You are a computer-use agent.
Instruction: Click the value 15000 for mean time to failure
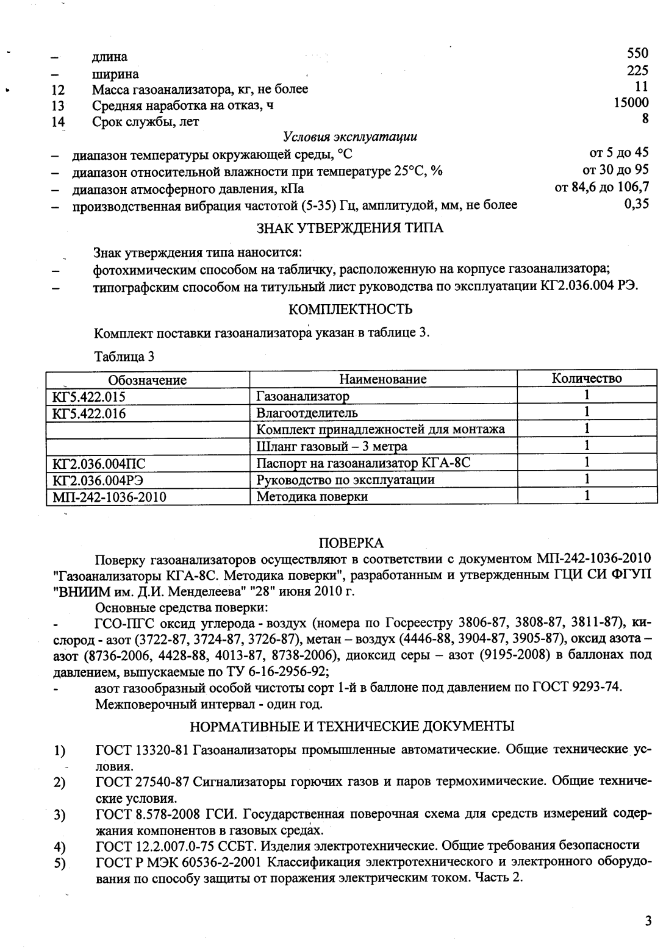coord(631,104)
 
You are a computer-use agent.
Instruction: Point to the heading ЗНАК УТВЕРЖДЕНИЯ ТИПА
coord(349,228)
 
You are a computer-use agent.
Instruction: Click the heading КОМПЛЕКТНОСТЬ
coord(349,310)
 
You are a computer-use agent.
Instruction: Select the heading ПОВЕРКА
coord(352,543)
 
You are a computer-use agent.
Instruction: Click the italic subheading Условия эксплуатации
coord(350,137)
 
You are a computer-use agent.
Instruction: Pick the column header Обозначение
coord(147,379)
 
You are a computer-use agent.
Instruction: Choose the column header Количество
coord(586,379)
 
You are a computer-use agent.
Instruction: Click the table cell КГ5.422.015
coord(90,396)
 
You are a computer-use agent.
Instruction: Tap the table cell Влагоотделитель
coord(307,413)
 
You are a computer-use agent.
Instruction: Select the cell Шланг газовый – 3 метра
coord(331,446)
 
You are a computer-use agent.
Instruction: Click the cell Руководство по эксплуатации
coord(345,480)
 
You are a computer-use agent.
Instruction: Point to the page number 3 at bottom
coord(648,921)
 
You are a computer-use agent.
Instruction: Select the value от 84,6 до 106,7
coord(601,187)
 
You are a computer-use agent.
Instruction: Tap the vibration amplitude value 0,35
coord(636,204)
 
